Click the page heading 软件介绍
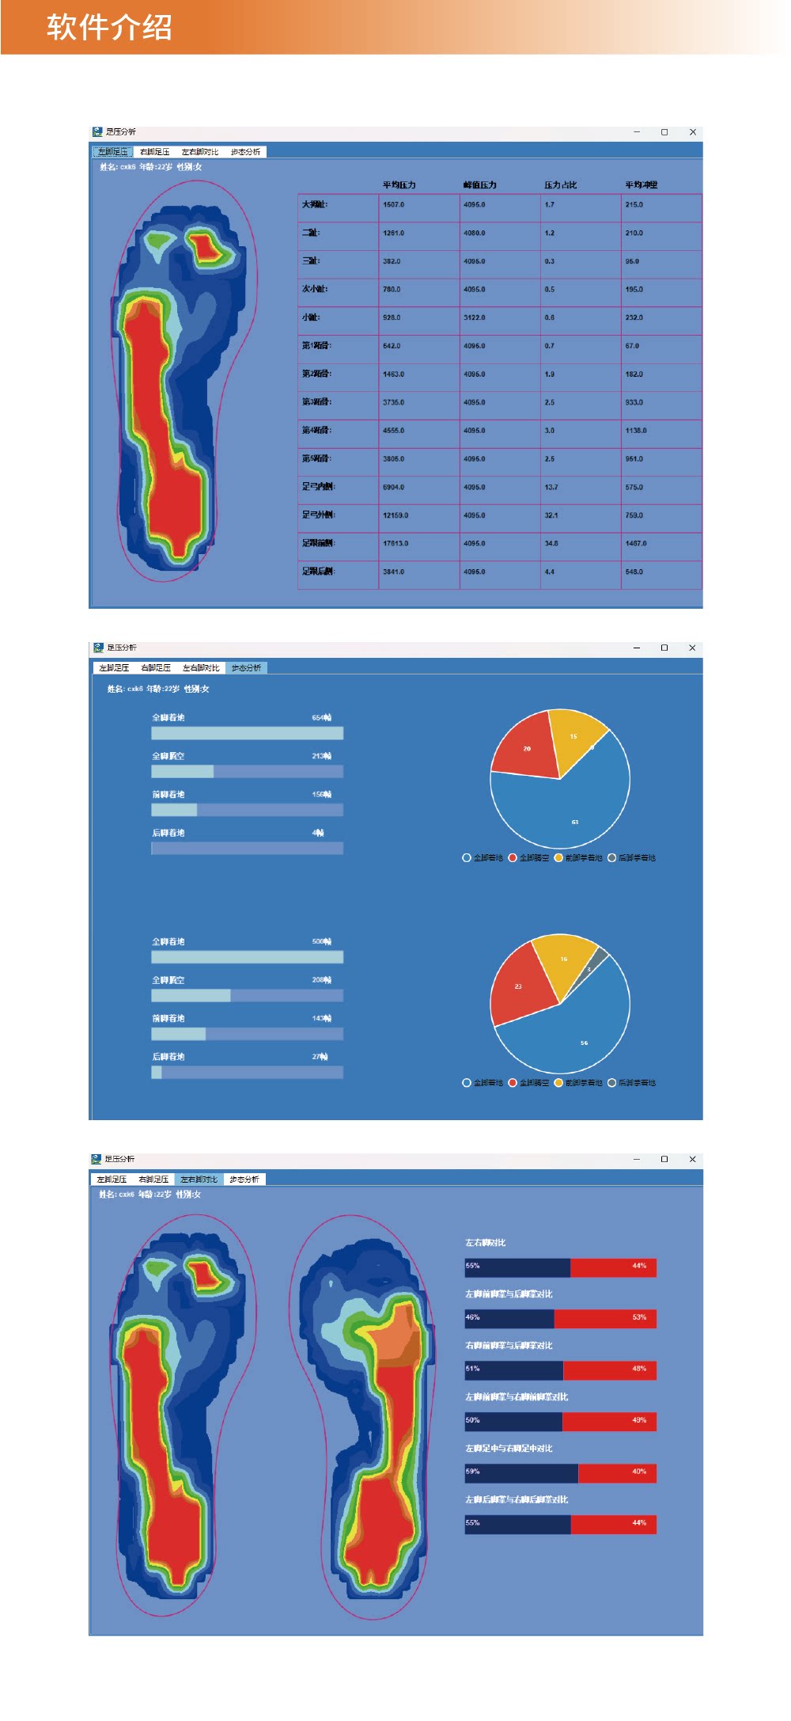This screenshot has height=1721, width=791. click(x=109, y=27)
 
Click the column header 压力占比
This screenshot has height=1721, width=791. click(x=560, y=185)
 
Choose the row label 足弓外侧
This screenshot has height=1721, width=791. click(x=318, y=515)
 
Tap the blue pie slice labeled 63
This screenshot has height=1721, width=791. click(x=575, y=815)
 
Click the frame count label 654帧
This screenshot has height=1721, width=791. click(x=321, y=718)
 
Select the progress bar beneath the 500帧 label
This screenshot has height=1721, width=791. click(x=247, y=957)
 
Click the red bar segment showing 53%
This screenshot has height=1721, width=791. click(x=605, y=1318)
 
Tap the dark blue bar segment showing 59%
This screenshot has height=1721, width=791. click(x=520, y=1472)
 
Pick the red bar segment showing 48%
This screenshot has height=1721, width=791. click(x=609, y=1370)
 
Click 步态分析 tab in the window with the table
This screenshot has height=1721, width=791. click(x=245, y=152)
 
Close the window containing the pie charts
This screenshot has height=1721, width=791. click(x=692, y=648)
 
